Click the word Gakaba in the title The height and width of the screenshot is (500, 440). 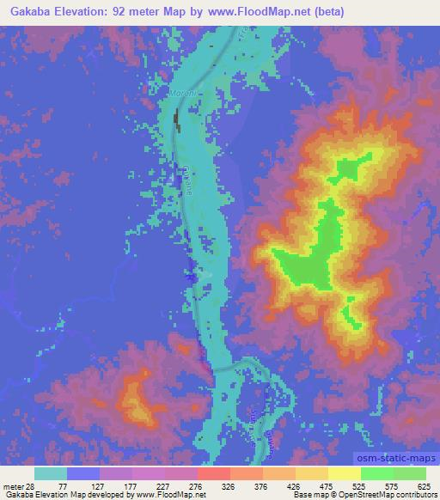(34, 12)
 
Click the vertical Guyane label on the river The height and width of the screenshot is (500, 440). (186, 180)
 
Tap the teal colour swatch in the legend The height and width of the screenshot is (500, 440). (51, 473)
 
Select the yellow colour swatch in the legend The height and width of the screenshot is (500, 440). (345, 473)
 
